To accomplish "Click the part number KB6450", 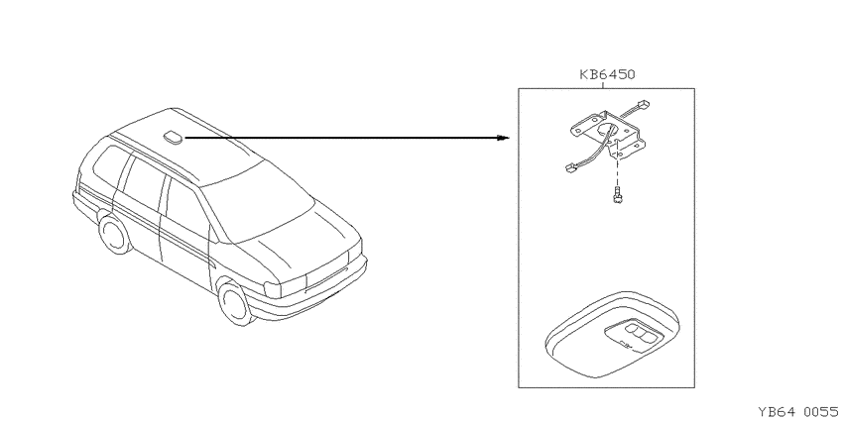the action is (x=607, y=74).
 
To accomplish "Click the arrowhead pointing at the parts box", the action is (x=503, y=138).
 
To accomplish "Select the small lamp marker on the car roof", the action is (x=174, y=138).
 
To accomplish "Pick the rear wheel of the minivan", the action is (x=115, y=234).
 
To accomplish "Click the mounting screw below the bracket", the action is (x=617, y=195).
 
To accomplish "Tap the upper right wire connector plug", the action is (x=643, y=104).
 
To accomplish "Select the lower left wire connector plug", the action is (x=571, y=167).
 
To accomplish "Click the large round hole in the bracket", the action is (x=606, y=131).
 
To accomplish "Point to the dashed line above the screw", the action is (x=617, y=171).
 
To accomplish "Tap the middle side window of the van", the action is (x=143, y=183).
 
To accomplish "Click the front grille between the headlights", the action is (x=327, y=272).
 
